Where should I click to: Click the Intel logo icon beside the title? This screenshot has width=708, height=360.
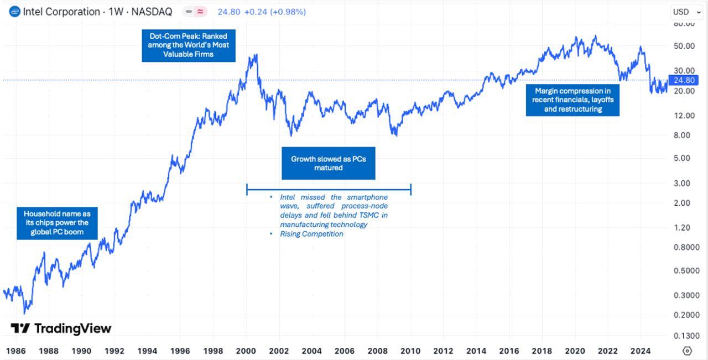[15, 11]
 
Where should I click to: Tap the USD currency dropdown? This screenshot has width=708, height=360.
[686, 12]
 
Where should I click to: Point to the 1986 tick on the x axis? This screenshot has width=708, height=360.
[15, 351]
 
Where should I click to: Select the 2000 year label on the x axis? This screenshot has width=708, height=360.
[246, 351]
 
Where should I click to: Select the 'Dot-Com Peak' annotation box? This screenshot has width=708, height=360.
[188, 45]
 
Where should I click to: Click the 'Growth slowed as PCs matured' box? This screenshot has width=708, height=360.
[329, 163]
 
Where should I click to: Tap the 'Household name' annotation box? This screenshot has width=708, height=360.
[57, 222]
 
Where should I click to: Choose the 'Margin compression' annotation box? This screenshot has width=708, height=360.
[572, 100]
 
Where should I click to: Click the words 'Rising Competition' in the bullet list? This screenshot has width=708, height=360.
[311, 234]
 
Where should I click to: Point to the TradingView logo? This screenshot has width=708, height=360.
[61, 328]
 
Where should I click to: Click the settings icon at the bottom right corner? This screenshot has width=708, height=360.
[688, 351]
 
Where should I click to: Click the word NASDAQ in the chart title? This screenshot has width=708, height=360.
[152, 12]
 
